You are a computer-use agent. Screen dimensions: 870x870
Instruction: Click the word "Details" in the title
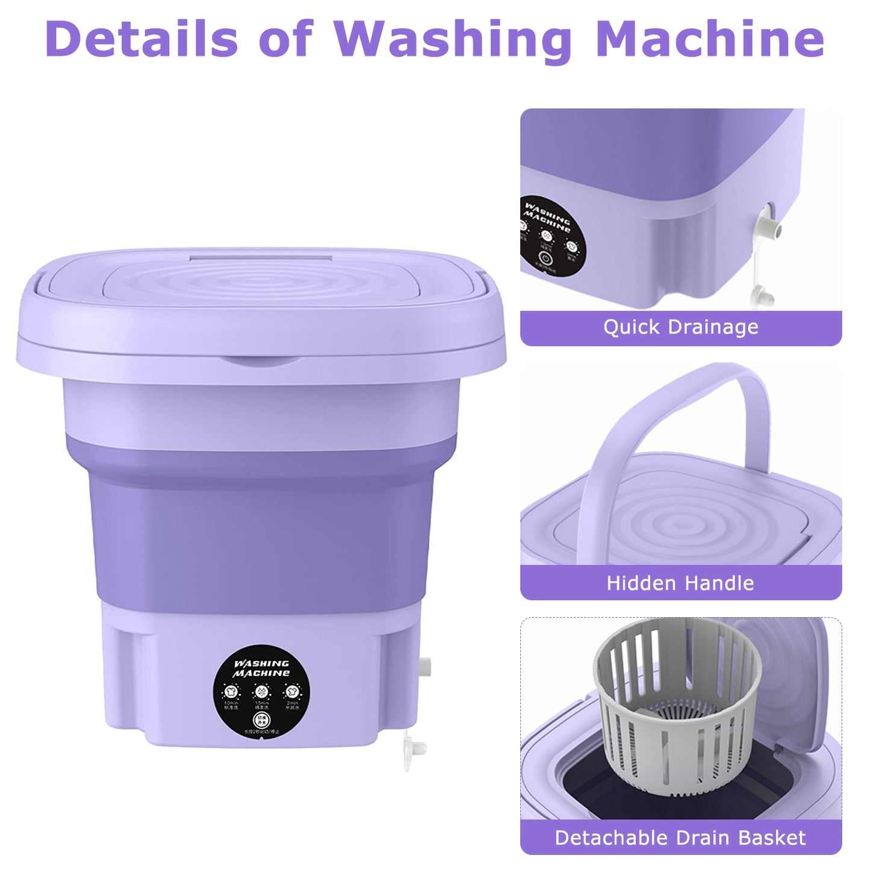(x=142, y=39)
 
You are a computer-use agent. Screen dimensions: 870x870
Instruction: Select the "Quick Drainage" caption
(x=680, y=328)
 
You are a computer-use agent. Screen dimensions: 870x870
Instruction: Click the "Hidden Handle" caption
(x=680, y=583)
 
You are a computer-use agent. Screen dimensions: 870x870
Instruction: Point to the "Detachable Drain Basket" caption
(x=680, y=837)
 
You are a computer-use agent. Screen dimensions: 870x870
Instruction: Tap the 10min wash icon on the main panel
(x=231, y=691)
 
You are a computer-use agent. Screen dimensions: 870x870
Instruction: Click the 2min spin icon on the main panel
(x=293, y=691)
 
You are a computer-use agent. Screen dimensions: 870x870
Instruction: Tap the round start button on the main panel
(x=260, y=719)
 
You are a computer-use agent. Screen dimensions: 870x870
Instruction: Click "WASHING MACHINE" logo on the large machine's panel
(x=262, y=668)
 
